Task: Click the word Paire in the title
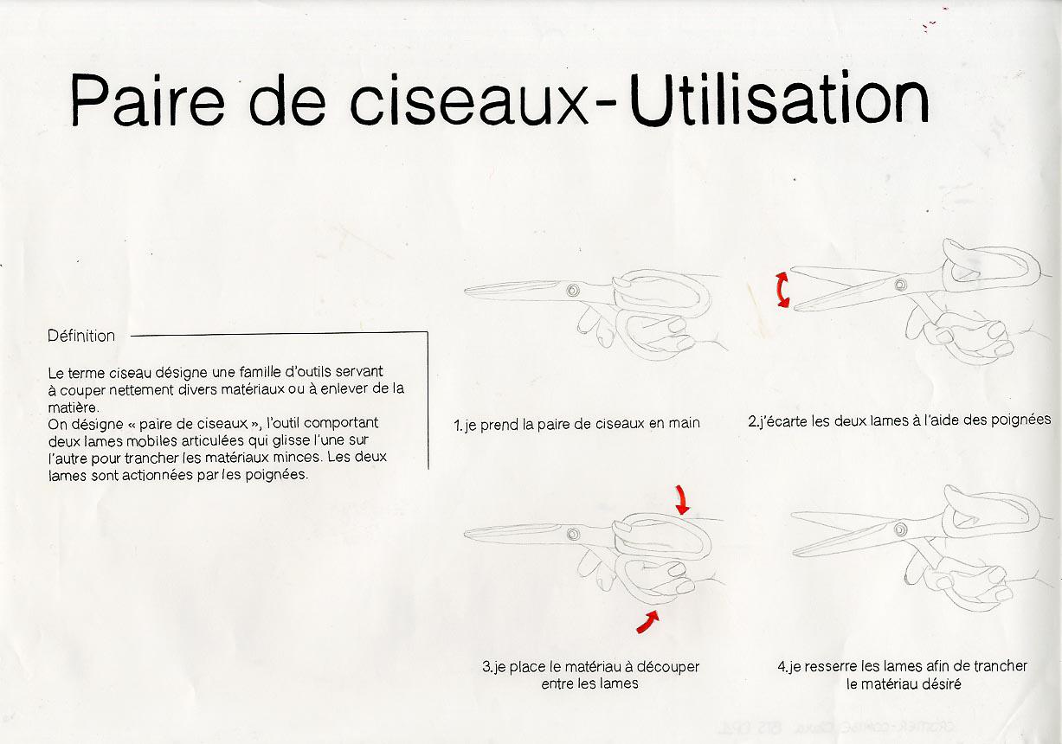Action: [147, 100]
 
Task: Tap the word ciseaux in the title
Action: [469, 101]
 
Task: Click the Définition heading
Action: [81, 336]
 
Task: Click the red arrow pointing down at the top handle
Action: [682, 499]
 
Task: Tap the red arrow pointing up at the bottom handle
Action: [647, 622]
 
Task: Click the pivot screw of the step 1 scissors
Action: [573, 290]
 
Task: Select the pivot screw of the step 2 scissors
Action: [901, 285]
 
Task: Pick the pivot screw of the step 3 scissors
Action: [573, 534]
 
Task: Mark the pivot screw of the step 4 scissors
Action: [901, 529]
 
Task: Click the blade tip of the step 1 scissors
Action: [465, 291]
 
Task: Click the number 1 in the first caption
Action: [457, 425]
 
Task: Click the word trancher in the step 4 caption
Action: [1000, 666]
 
